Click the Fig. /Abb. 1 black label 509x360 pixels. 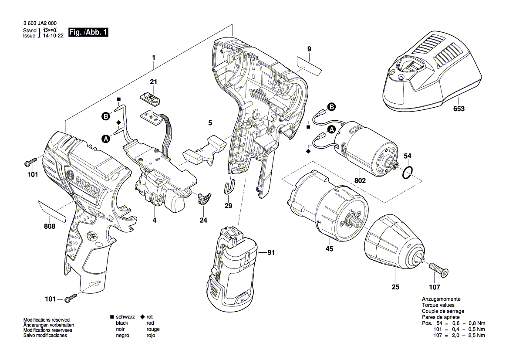pyautogui.click(x=88, y=33)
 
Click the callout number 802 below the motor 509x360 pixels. pyautogui.click(x=360, y=180)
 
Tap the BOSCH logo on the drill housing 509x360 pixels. pyautogui.click(x=83, y=183)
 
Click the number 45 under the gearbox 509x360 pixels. pyautogui.click(x=329, y=248)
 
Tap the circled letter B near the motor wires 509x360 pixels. pyautogui.click(x=331, y=107)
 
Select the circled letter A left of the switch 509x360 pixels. pyautogui.click(x=105, y=139)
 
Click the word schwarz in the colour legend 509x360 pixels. pyautogui.click(x=125, y=317)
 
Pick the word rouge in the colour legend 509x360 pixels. pyautogui.click(x=153, y=329)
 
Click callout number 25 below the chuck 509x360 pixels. pyautogui.click(x=395, y=287)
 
